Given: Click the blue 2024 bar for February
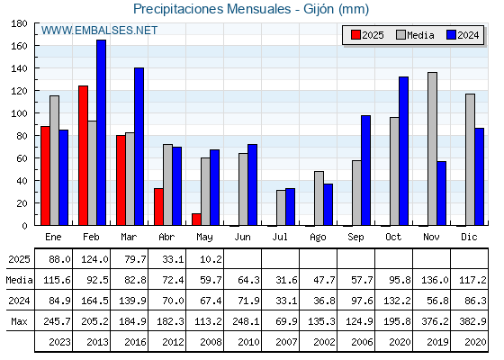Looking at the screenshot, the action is (x=101, y=132).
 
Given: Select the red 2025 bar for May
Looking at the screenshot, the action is (x=196, y=220).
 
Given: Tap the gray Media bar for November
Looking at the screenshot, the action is (x=432, y=148).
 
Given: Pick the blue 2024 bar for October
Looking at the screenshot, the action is (x=404, y=151).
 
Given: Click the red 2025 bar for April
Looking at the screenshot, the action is (x=158, y=207).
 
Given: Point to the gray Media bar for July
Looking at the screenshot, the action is (x=281, y=208).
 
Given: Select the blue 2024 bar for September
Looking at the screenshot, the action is (x=365, y=170).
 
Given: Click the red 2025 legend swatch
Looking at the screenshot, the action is (x=355, y=35).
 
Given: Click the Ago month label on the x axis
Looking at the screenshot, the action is (x=318, y=237).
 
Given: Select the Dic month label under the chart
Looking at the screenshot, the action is (x=469, y=237).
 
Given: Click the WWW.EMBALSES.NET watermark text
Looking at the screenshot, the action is (x=99, y=31).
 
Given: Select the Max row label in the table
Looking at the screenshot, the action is (x=19, y=321).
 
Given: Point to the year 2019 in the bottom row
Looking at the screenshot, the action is (x=437, y=342).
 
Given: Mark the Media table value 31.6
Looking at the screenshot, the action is (x=286, y=280).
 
